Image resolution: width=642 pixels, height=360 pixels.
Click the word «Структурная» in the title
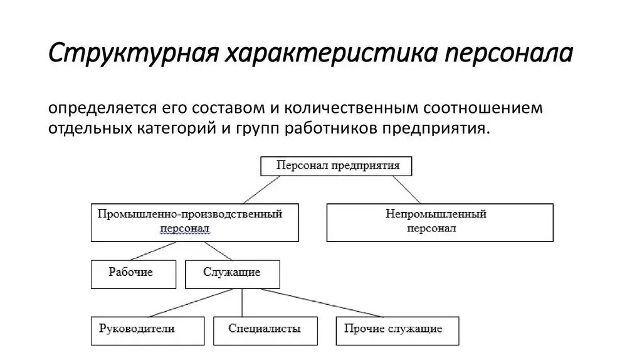134,53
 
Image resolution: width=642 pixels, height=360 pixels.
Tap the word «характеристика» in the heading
331,53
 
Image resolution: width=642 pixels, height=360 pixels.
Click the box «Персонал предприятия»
336,166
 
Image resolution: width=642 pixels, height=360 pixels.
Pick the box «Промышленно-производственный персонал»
195,223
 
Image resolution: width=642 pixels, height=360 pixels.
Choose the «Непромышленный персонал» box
440,223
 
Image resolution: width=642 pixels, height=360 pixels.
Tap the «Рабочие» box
134,274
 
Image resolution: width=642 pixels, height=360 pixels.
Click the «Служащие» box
233,274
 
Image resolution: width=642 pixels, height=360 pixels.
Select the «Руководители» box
147,331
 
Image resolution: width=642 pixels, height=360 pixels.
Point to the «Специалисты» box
265,331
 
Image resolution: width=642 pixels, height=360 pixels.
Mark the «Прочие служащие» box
397,331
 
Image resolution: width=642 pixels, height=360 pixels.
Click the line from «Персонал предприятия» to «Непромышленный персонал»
406,189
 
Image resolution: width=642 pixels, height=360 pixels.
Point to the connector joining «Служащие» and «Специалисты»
242,303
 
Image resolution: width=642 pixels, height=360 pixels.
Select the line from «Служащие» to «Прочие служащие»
322,303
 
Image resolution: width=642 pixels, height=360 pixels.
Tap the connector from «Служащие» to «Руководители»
191,303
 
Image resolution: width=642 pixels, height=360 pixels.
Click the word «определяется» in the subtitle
103,109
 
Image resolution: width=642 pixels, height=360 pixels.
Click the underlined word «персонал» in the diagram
185,228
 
